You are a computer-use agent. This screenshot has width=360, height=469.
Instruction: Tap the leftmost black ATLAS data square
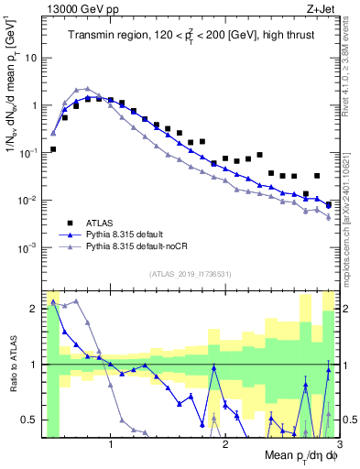click(53, 148)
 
